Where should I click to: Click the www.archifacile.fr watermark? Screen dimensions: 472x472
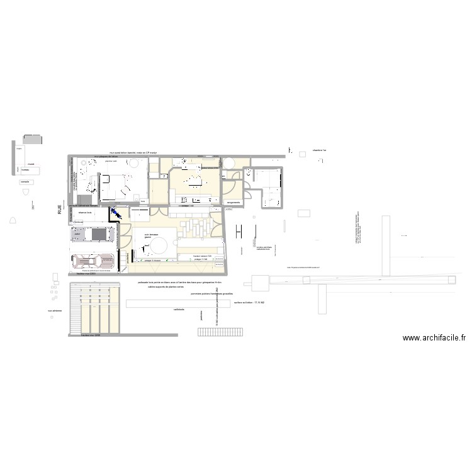tap(435, 337)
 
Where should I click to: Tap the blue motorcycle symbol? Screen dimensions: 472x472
tap(116, 215)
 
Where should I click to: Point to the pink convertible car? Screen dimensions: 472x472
tap(93, 260)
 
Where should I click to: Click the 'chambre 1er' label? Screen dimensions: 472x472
tap(320, 151)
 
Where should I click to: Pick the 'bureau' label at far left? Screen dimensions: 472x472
tap(26, 169)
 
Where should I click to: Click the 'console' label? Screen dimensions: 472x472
tap(25, 181)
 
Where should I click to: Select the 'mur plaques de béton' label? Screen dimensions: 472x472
tap(106, 156)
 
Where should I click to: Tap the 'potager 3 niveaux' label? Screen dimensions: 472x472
tap(153, 260)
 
